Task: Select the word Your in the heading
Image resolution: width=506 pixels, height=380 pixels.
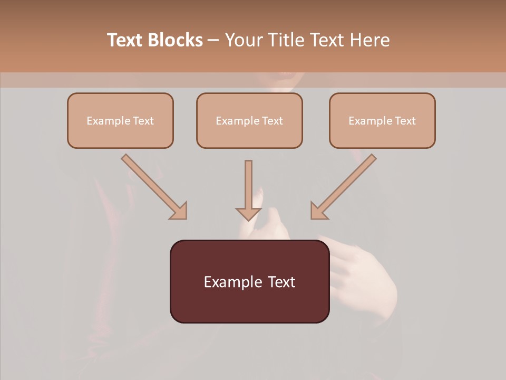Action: pyautogui.click(x=243, y=40)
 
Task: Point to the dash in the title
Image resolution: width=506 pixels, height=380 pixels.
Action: pyautogui.click(x=213, y=41)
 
